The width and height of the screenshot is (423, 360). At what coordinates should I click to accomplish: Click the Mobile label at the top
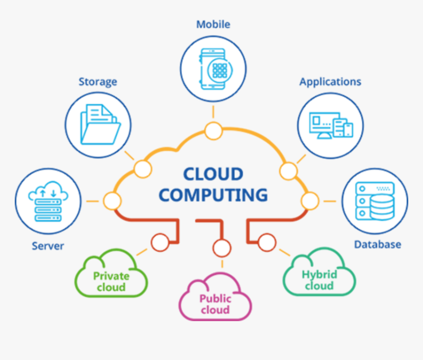pyautogui.click(x=213, y=24)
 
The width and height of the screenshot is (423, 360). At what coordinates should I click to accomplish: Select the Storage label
pyautogui.click(x=98, y=82)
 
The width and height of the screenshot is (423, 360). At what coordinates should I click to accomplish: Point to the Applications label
pyautogui.click(x=330, y=82)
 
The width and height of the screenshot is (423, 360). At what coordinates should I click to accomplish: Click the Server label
pyautogui.click(x=48, y=246)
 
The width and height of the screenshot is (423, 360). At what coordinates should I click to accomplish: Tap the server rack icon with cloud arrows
pyautogui.click(x=48, y=202)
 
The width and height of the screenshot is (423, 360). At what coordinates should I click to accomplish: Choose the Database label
pyautogui.click(x=377, y=244)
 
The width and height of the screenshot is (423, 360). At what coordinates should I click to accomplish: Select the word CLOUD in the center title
pyautogui.click(x=213, y=174)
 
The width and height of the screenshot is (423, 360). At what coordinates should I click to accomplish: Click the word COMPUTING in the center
pyautogui.click(x=213, y=195)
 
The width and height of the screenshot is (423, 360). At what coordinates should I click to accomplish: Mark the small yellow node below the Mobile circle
pyautogui.click(x=213, y=131)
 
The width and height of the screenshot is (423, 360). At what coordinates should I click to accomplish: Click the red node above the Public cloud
pyautogui.click(x=222, y=248)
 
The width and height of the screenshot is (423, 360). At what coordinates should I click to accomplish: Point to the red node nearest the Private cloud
pyautogui.click(x=160, y=242)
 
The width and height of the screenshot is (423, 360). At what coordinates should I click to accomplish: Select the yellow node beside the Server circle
pyautogui.click(x=112, y=201)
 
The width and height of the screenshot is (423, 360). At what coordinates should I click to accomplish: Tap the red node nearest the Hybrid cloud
pyautogui.click(x=267, y=242)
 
